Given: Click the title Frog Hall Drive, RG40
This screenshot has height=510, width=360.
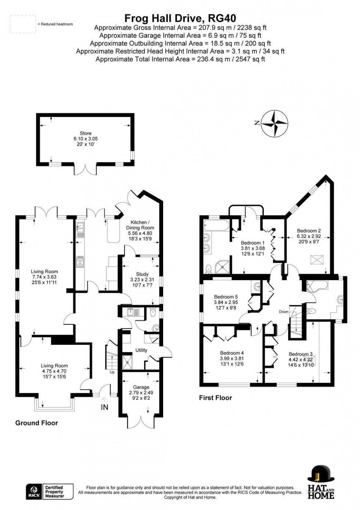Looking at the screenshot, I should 180,18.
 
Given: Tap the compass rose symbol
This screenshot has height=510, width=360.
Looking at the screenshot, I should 275,124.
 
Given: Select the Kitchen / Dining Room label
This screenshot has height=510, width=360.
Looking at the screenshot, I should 140,228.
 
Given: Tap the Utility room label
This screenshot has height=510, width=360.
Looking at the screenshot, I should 141,350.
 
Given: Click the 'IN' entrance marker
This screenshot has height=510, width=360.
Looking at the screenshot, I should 105,407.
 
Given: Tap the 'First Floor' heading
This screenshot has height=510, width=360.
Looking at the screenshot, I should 216,398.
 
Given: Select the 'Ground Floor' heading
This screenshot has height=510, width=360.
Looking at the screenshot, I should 36,423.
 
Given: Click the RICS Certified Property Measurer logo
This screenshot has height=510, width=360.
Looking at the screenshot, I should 50,492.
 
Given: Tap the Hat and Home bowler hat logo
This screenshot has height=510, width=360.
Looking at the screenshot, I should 321,482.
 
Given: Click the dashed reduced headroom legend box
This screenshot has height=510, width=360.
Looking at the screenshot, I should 23,24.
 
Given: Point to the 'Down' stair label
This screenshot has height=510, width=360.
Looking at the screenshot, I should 284,311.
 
